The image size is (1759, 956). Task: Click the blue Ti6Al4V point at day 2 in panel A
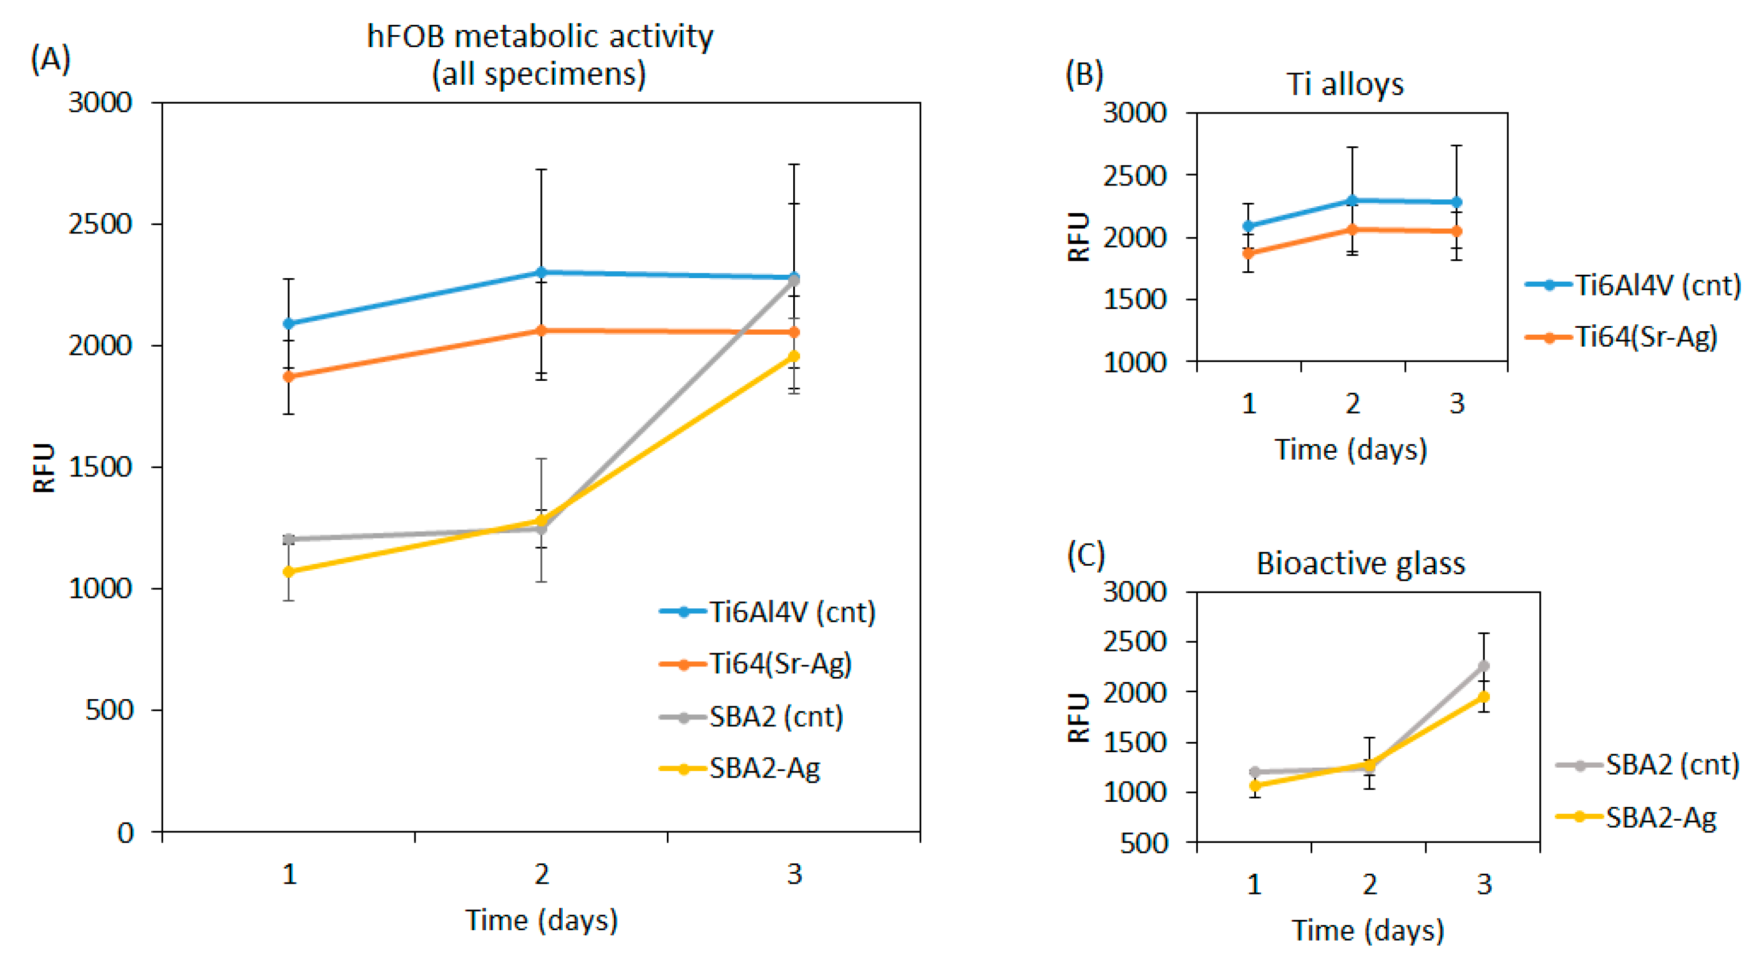point(541,272)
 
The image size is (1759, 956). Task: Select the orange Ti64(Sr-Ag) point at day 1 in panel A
point(289,376)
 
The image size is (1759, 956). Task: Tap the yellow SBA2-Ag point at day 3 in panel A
point(793,357)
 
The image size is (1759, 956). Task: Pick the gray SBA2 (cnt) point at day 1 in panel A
point(289,539)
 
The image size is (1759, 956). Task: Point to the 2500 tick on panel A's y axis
point(100,224)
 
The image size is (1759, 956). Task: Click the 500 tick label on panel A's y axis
point(108,710)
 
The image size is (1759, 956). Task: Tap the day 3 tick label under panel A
point(793,874)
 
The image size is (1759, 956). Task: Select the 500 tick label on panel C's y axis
point(1144,843)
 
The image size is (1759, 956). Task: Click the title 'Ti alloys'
point(1345,85)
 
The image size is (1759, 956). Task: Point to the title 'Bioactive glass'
point(1360,564)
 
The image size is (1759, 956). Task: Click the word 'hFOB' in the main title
point(406,37)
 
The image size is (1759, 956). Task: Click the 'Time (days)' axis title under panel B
point(1350,450)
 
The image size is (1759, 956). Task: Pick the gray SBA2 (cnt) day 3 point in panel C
point(1483,666)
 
